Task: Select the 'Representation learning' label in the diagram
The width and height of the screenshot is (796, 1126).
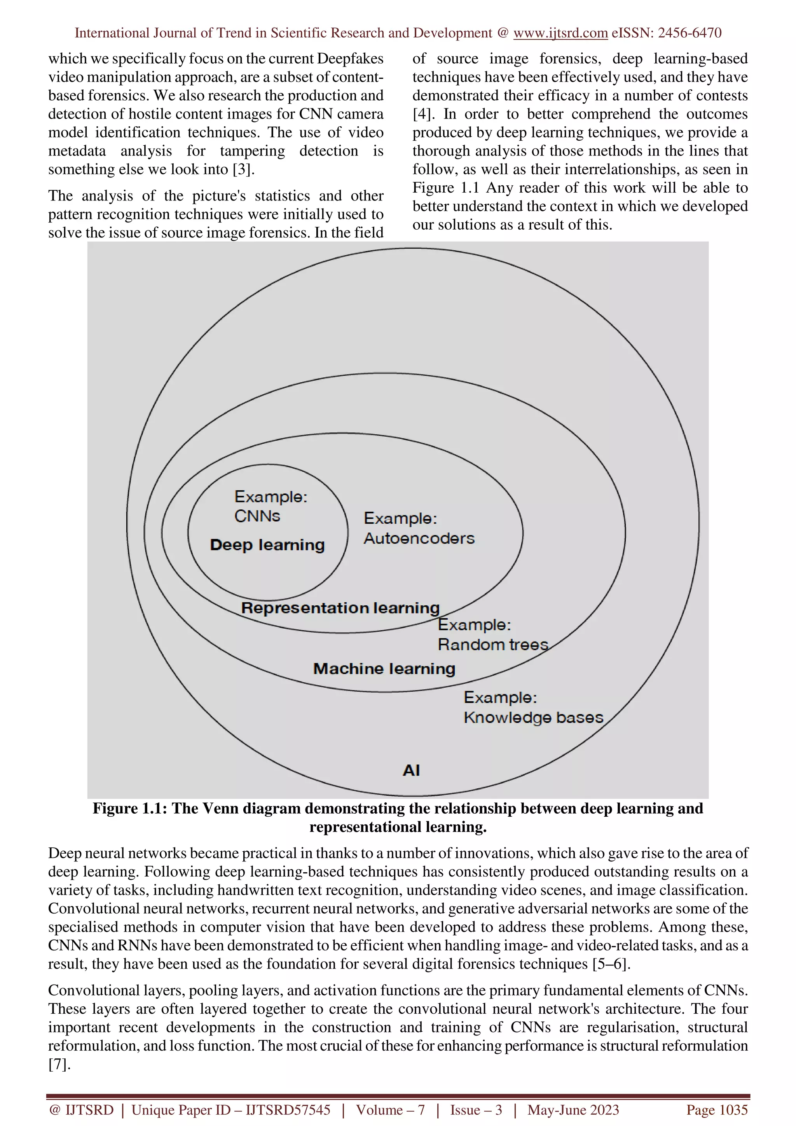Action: [340, 608]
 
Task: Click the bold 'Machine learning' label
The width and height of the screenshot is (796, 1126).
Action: [384, 669]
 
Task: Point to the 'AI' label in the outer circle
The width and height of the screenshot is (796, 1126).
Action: [411, 770]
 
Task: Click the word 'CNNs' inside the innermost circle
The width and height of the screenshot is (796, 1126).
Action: [257, 516]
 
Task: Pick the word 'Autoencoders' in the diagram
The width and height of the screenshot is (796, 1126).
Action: [419, 539]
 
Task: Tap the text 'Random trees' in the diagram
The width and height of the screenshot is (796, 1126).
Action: [493, 645]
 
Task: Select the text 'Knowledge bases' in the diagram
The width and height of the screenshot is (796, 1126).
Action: [533, 718]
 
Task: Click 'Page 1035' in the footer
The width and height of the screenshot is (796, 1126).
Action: [717, 1110]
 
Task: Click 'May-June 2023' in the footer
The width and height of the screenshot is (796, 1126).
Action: [573, 1110]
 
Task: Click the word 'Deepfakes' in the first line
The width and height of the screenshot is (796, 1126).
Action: [350, 59]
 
